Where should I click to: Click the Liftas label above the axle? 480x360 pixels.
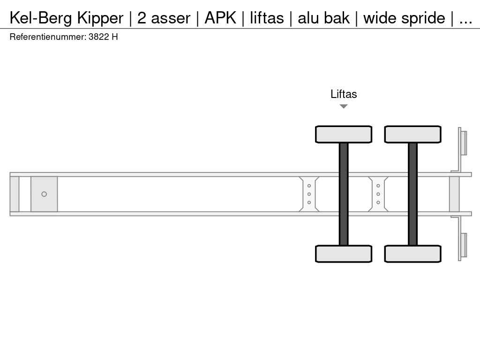344,94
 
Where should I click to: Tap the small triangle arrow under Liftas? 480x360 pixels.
344,106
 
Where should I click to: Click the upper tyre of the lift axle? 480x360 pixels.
344,135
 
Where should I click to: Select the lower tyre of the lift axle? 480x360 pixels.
344,254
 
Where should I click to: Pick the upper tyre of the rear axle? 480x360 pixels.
412,135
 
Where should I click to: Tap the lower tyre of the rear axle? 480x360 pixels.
412,254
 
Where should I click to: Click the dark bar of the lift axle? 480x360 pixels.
344,194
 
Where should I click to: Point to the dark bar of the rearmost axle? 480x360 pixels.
412,194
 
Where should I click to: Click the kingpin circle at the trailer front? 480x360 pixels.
44,194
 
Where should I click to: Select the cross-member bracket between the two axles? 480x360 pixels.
378,194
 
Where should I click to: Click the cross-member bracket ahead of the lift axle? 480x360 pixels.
309,194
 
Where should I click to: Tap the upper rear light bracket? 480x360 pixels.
463,142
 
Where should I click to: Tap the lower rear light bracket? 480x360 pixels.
463,246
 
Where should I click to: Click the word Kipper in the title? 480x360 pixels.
100,18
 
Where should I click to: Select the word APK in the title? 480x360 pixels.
220,18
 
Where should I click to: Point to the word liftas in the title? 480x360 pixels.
266,18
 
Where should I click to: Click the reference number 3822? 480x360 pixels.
98,37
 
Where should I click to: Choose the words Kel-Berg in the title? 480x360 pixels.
41,18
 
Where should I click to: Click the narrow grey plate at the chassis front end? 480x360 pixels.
15,194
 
